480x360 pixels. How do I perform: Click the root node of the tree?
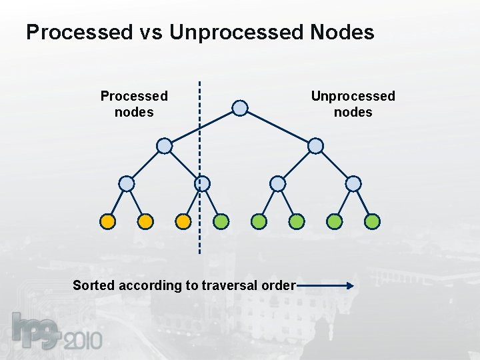pos(240,108)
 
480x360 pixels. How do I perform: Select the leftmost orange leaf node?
pos(108,221)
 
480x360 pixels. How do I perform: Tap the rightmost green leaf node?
pos(373,221)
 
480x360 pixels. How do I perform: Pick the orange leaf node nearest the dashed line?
pos(183,221)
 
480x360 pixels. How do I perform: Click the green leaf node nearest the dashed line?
pos(221,221)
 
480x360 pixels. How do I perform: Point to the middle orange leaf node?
pos(145,221)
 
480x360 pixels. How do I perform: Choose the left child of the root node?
pos(164,146)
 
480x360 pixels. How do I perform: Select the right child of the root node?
pos(315,146)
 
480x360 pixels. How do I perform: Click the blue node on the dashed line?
pos(202,183)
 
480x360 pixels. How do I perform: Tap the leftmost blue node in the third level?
pos(127,183)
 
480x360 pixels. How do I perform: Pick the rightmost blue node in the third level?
pos(353,183)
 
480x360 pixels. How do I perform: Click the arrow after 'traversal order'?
pos(326,286)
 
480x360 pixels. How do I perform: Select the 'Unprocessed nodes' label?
pos(353,104)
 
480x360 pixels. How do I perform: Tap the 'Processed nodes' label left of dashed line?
pos(134,104)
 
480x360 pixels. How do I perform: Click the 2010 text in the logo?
pos(83,341)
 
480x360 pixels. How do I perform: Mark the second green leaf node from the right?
pos(335,221)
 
